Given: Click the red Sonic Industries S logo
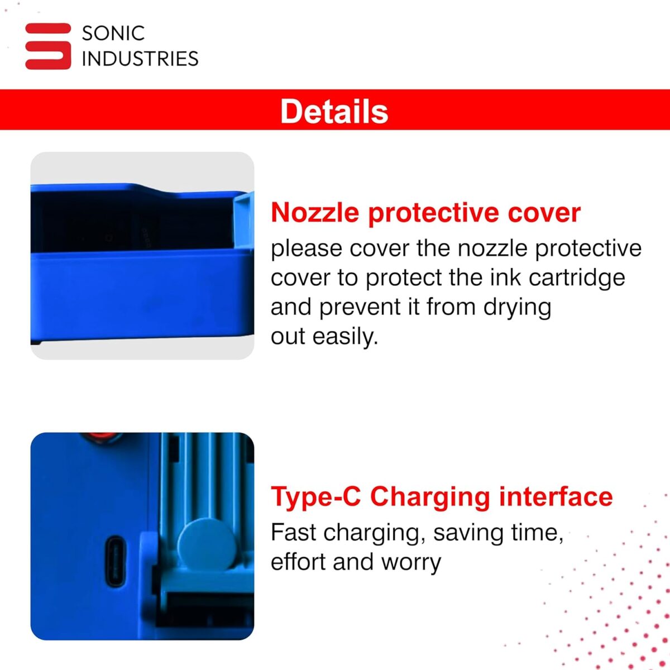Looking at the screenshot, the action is click(x=48, y=46).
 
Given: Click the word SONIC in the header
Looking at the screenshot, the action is click(x=113, y=33).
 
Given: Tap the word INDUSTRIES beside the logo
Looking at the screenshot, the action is click(x=140, y=59).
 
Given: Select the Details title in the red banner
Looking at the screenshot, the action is click(x=334, y=111).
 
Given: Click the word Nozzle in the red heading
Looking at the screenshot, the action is click(x=315, y=212).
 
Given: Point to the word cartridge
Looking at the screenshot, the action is click(x=577, y=278).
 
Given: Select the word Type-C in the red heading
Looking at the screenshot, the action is click(x=315, y=497).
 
